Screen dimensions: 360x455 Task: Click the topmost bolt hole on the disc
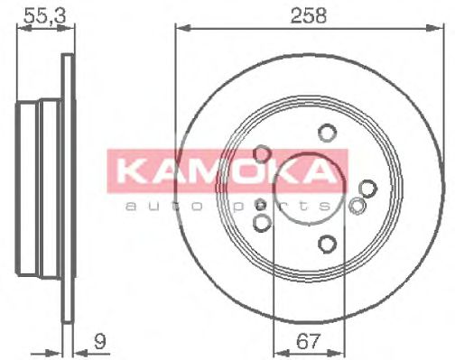pyautogui.click(x=326, y=134)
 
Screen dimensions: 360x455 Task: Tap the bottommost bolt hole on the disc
pyautogui.click(x=326, y=243)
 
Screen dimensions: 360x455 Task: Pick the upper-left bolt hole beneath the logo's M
pyautogui.click(x=263, y=154)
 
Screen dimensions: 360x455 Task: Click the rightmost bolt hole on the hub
pyautogui.click(x=367, y=188)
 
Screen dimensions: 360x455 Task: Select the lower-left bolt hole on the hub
pyautogui.click(x=263, y=221)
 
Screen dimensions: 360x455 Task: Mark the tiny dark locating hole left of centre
pyautogui.click(x=261, y=203)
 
